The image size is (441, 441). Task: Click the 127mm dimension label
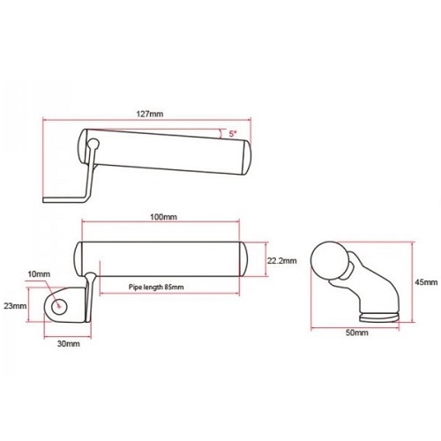click(x=150, y=114)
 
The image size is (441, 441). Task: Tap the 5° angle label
click(x=233, y=134)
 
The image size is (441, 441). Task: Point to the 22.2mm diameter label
click(x=281, y=260)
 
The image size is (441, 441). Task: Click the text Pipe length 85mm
click(x=156, y=287)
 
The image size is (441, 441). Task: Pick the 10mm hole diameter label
click(x=39, y=274)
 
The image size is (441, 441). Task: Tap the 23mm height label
click(x=15, y=306)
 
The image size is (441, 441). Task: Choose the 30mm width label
click(x=68, y=343)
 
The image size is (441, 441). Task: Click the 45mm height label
click(x=426, y=282)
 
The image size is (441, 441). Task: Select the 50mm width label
click(x=356, y=333)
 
